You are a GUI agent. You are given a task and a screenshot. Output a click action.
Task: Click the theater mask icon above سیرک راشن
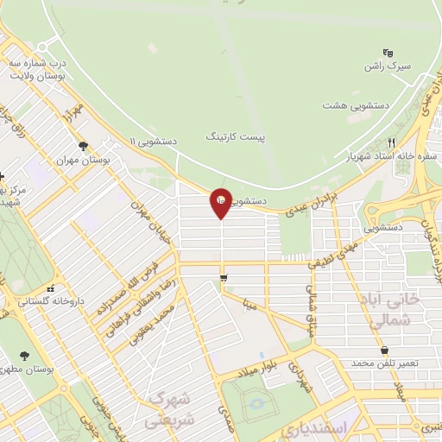tap(388, 52)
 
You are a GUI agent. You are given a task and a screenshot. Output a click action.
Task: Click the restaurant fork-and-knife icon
tap(390, 142)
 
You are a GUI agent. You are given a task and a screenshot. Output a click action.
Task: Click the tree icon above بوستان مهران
tap(83, 146)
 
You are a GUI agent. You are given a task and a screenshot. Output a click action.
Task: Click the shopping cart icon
tap(224, 278)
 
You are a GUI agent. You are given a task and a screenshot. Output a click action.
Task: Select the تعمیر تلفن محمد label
tap(385, 363)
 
